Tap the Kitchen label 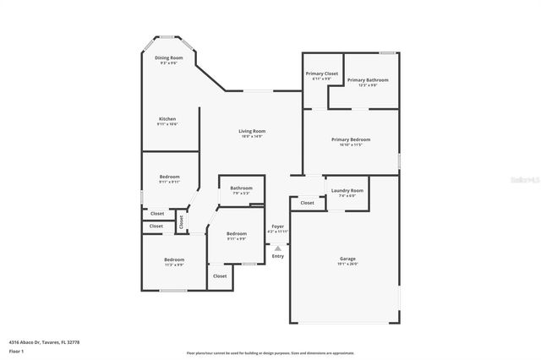(x=167, y=119)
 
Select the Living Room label (x=252, y=131)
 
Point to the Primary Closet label (x=321, y=74)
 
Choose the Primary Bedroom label (x=350, y=139)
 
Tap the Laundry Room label (x=347, y=190)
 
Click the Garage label (x=348, y=259)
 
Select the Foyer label (x=277, y=226)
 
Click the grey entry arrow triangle (x=277, y=248)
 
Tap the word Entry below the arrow (x=277, y=255)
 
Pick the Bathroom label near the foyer (x=241, y=188)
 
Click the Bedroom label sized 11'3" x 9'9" (x=174, y=259)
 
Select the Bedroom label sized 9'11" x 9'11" (x=169, y=177)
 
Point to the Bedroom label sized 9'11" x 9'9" (x=237, y=233)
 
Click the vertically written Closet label (x=181, y=222)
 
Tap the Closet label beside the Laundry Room (x=307, y=203)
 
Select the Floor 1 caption (x=15, y=350)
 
